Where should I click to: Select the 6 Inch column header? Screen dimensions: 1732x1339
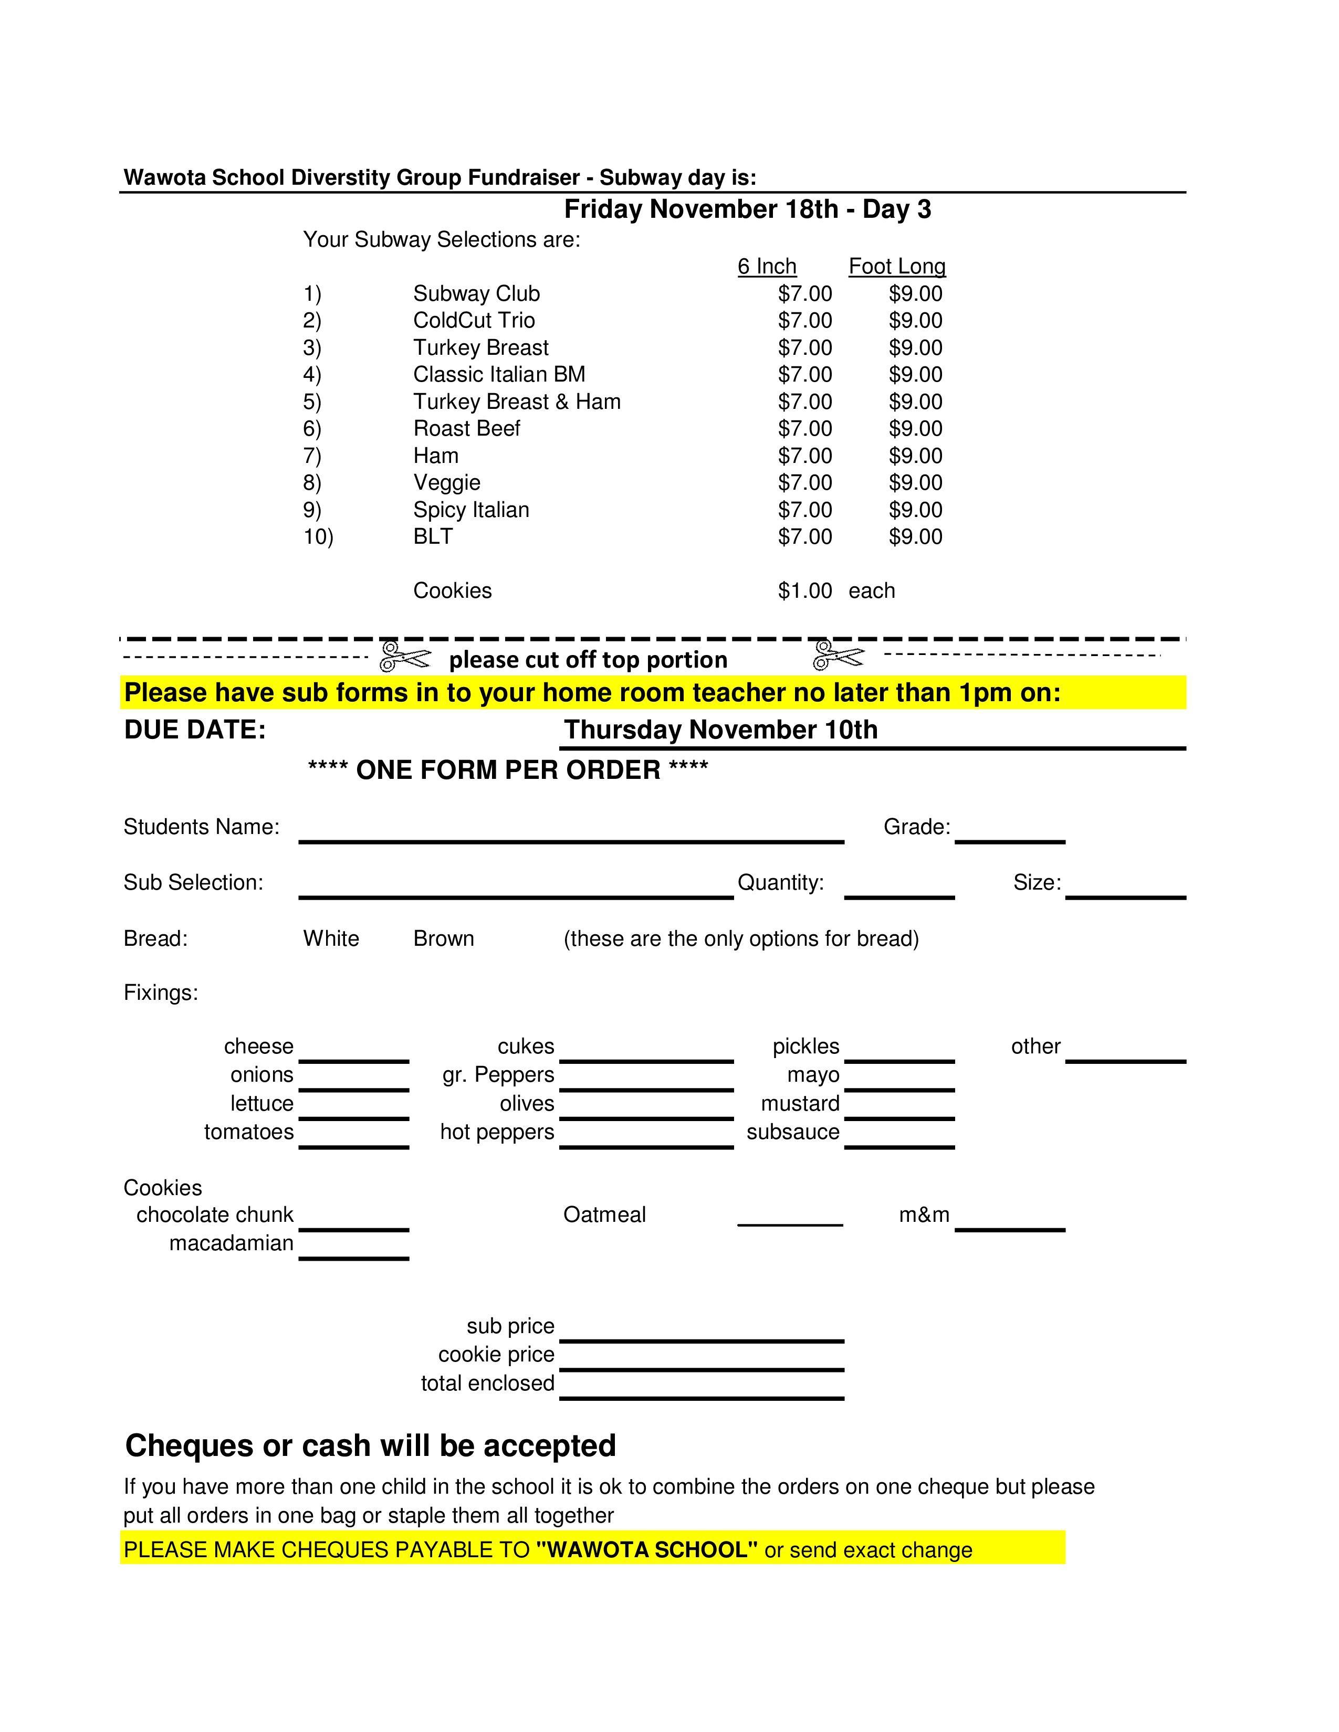click(x=766, y=267)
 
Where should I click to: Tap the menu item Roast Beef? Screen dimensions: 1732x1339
click(x=466, y=428)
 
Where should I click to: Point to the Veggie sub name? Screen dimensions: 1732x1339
click(x=447, y=482)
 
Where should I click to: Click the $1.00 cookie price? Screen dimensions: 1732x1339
click(x=804, y=591)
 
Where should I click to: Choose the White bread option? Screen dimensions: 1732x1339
click(x=331, y=939)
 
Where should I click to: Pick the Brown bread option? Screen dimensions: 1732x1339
click(x=443, y=939)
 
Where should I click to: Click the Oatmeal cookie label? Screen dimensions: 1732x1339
click(x=604, y=1215)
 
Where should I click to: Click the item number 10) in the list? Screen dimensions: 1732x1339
click(x=318, y=537)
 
